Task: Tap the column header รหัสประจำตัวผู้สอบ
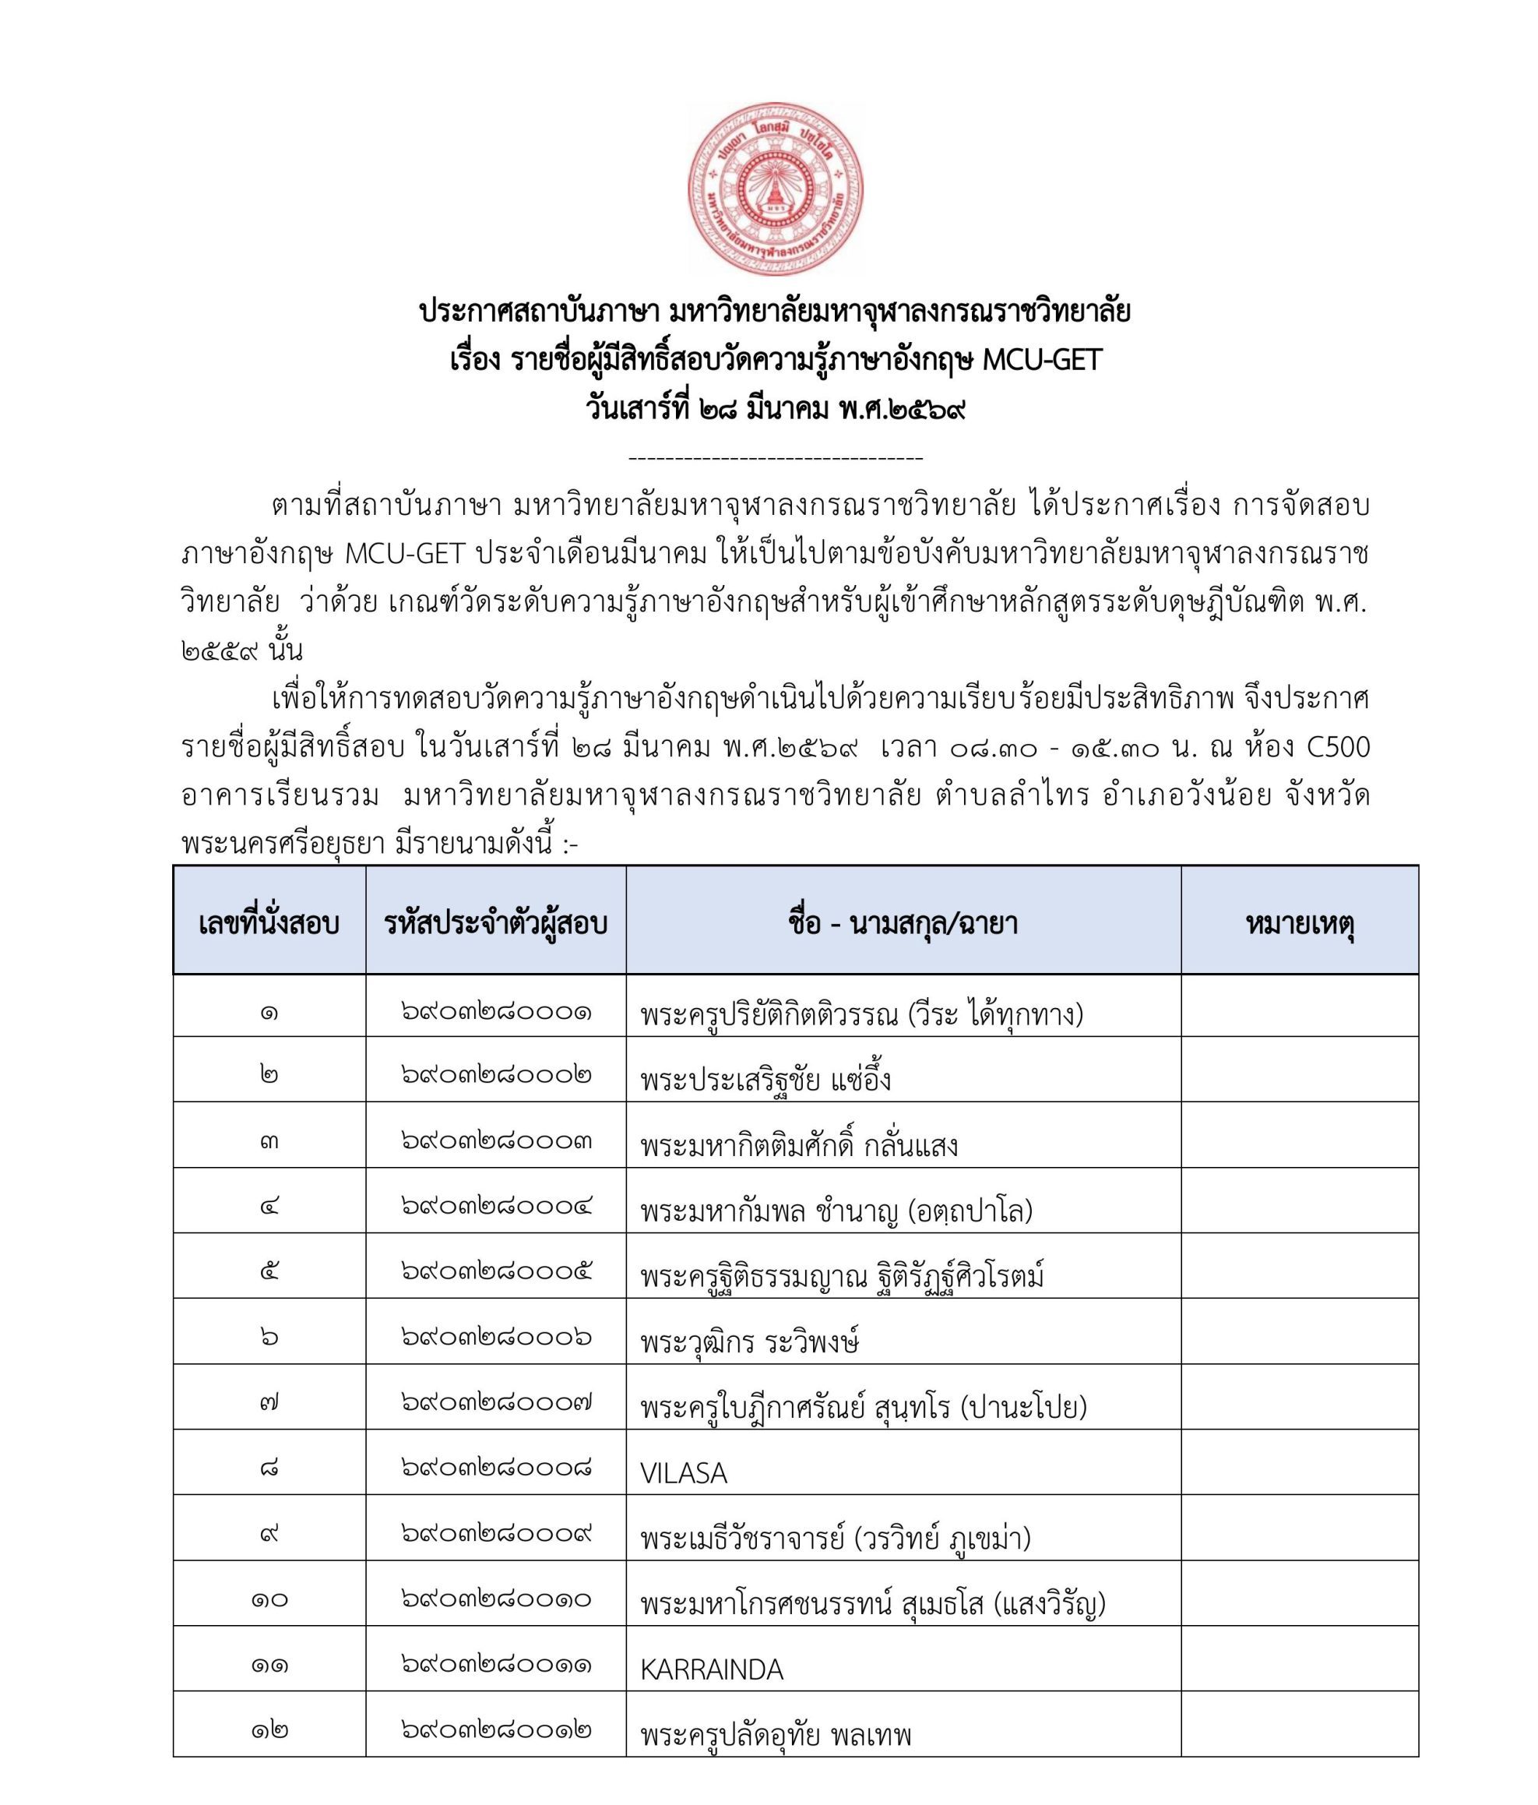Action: point(494,923)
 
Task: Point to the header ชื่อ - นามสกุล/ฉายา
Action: point(903,923)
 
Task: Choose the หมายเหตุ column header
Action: point(1298,923)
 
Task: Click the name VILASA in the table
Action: point(683,1473)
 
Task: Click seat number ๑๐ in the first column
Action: point(269,1599)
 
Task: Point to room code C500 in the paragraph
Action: point(1339,747)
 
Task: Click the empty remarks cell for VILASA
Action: point(1298,1468)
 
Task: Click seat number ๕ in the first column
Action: point(269,1272)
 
